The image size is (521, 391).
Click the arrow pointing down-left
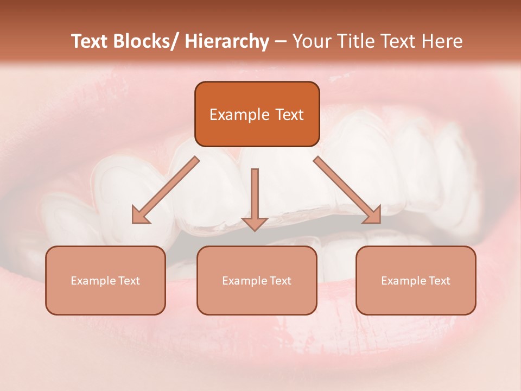166,190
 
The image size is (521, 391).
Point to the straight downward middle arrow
255,198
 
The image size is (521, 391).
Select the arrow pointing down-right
347,190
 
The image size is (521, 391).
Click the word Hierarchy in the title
226,41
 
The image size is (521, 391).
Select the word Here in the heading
443,41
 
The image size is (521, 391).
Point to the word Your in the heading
312,41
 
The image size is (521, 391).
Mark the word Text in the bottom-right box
439,281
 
